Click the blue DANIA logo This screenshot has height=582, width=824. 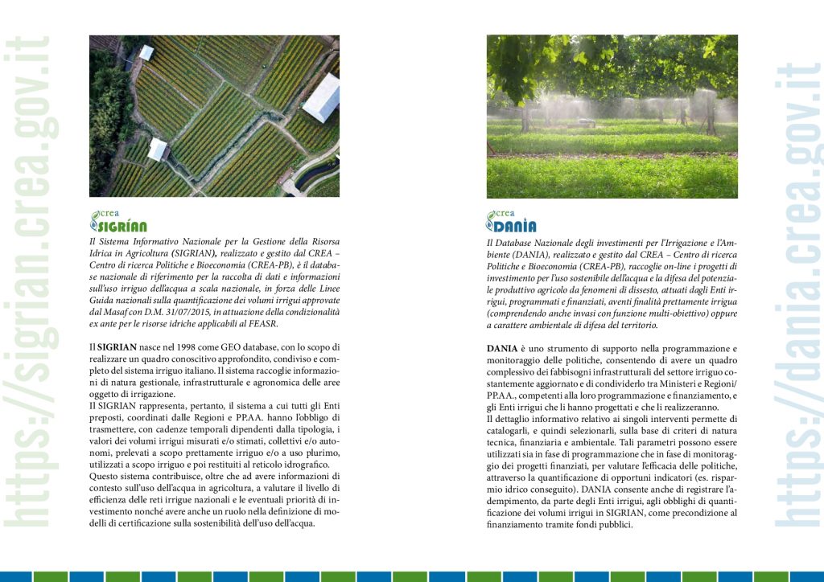[x=511, y=221]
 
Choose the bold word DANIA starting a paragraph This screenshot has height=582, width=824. [x=504, y=348]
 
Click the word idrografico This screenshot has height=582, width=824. [x=305, y=465]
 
